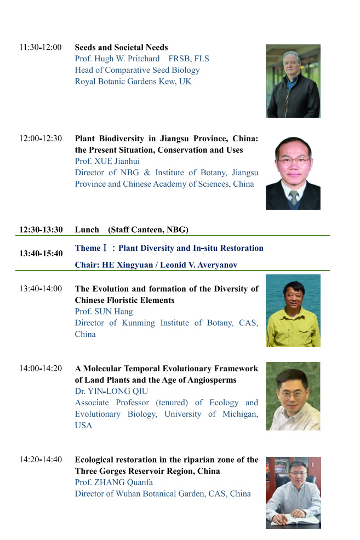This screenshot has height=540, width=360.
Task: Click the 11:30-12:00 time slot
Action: [41, 47]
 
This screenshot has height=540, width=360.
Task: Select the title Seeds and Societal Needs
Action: [121, 47]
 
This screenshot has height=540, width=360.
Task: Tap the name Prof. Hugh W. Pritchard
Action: [117, 59]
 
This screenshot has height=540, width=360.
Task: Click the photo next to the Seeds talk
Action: [293, 81]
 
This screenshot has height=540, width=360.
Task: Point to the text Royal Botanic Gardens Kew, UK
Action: [133, 81]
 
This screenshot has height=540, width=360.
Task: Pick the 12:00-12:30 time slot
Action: [41, 139]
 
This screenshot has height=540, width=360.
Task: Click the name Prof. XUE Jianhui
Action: [107, 161]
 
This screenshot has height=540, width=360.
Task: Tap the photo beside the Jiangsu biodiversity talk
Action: [293, 173]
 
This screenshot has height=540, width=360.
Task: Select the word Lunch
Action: [87, 229]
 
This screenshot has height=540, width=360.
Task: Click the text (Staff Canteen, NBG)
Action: [148, 229]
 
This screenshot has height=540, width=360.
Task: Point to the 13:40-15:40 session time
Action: [41, 254]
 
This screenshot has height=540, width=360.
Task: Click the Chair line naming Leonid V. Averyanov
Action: [156, 265]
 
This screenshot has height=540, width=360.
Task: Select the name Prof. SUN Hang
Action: [104, 311]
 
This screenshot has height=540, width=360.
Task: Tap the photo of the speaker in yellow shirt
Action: [293, 311]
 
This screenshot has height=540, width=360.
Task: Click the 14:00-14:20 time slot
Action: [41, 369]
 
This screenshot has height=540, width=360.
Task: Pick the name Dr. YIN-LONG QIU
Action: [111, 391]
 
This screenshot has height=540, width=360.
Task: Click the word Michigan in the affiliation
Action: [240, 414]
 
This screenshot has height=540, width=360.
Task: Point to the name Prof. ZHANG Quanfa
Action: [113, 482]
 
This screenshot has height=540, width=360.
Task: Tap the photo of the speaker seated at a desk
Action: [293, 493]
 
